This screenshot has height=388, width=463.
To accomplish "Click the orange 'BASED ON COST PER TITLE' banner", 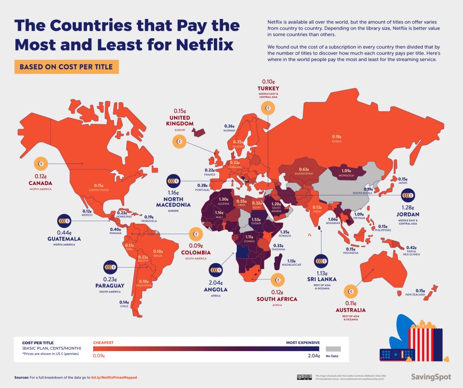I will pyautogui.click(x=66, y=67).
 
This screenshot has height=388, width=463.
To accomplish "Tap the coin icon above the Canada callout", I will pyautogui.click(x=40, y=164).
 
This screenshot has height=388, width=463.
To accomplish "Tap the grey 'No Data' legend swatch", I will pyautogui.click(x=333, y=349).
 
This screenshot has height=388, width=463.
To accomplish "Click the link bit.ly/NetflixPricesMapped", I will pyautogui.click(x=114, y=377).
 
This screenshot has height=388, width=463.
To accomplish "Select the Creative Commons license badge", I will pyautogui.click(x=304, y=377).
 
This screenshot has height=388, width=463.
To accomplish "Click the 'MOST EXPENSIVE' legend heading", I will pyautogui.click(x=303, y=342).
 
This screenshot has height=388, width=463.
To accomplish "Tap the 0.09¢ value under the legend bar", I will pyautogui.click(x=99, y=356).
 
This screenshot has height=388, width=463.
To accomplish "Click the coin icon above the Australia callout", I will pyautogui.click(x=350, y=291).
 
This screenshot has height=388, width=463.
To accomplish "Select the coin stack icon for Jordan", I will pyautogui.click(x=408, y=195).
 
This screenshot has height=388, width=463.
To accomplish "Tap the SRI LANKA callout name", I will pyautogui.click(x=321, y=279).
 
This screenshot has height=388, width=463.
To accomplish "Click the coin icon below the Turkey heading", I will pyautogui.click(x=268, y=108).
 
